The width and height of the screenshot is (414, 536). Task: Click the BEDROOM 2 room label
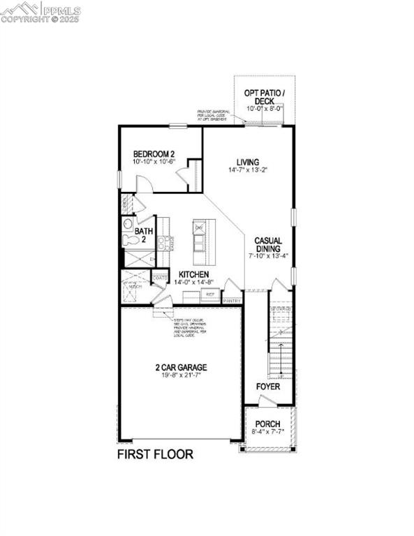[x=154, y=154]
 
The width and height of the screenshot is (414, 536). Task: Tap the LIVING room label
[x=247, y=161]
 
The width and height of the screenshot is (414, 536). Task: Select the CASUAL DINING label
[x=267, y=244]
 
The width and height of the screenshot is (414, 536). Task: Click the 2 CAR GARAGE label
[x=181, y=367]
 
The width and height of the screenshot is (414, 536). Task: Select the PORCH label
[x=267, y=424]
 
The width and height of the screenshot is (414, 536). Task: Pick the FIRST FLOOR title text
[x=154, y=454]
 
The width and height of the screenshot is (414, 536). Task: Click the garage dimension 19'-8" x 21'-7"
[x=181, y=376]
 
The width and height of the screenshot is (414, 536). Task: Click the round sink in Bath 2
[x=127, y=224]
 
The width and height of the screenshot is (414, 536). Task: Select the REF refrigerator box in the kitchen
[x=209, y=295]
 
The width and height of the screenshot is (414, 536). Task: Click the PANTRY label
[x=232, y=301]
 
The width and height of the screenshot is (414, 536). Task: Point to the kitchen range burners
[x=165, y=242]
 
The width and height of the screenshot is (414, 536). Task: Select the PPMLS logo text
[x=61, y=10]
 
